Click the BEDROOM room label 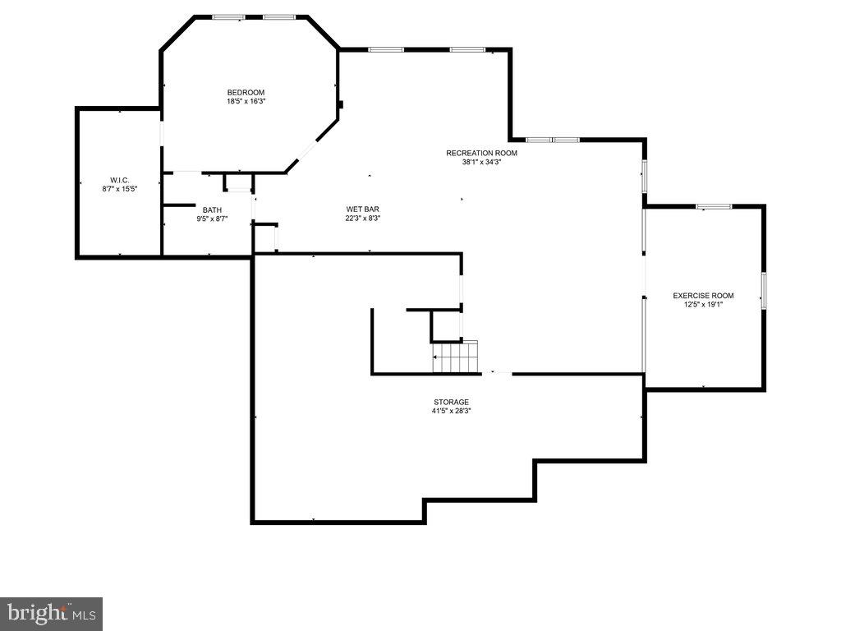[246, 92]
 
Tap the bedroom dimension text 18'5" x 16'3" [246, 101]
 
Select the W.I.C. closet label [120, 180]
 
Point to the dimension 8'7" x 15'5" [120, 189]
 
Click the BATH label [212, 210]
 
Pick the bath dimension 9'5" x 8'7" [212, 219]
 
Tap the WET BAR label [362, 210]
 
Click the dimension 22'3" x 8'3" [362, 219]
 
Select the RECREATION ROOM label [481, 153]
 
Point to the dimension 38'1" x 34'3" [481, 162]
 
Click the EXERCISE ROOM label [703, 296]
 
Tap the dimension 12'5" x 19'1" [703, 305]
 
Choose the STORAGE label [452, 402]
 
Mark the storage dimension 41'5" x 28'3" [452, 411]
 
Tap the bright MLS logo [51, 613]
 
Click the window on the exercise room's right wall [763, 291]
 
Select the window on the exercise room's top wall [714, 206]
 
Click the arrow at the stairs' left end [436, 357]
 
